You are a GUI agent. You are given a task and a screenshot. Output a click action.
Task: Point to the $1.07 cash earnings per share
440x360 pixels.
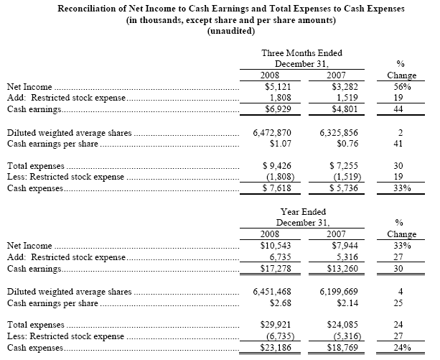coord(283,144)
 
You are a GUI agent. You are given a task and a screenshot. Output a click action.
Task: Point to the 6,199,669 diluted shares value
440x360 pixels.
coord(336,292)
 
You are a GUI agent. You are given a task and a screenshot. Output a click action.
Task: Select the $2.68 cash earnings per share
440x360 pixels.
coord(283,303)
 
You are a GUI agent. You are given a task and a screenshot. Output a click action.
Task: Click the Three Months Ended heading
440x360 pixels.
coord(301,52)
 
